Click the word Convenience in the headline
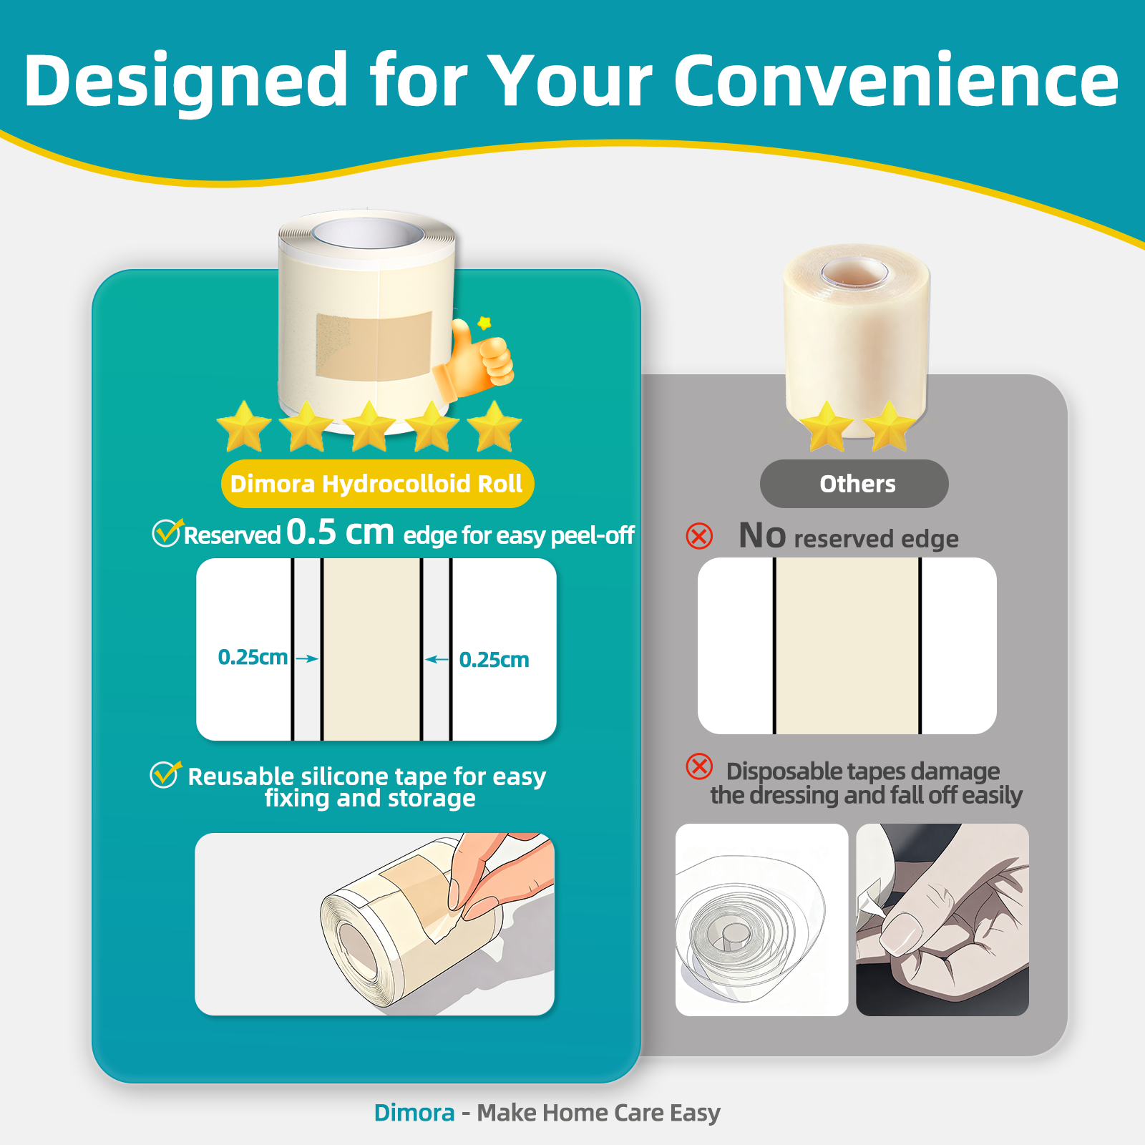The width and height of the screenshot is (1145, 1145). point(896,80)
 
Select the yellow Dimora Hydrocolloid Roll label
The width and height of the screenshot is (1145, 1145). point(377,484)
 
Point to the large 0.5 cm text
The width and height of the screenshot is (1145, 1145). point(340,532)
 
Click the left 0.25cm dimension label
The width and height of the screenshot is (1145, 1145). point(253,657)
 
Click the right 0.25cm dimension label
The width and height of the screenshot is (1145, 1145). point(494,660)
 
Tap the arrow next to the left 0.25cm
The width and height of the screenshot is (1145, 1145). point(306,658)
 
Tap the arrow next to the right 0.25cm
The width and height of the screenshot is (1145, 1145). point(437,659)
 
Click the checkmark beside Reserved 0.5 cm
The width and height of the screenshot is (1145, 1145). point(167,532)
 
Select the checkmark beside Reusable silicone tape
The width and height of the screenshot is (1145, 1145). point(165,774)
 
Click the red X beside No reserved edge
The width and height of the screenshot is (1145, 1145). point(699,536)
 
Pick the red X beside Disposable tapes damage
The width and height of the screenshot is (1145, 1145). point(699,766)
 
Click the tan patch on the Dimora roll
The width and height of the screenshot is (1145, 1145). point(374,346)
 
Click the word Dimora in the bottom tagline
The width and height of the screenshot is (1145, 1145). point(414,1113)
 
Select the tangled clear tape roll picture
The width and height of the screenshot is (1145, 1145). point(761,920)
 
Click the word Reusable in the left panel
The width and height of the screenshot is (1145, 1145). point(240,776)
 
